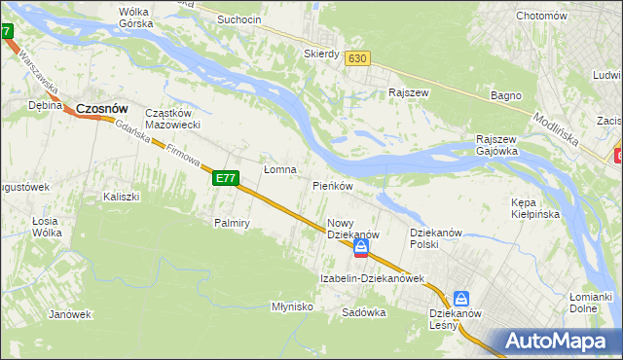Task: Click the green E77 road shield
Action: click(x=226, y=178)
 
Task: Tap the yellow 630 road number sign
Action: click(x=357, y=58)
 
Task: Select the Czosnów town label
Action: click(x=102, y=109)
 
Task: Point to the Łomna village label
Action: click(x=280, y=169)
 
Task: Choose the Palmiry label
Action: click(x=233, y=223)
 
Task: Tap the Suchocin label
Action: click(x=239, y=19)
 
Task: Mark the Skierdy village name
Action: click(x=321, y=54)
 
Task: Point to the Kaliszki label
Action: click(x=122, y=197)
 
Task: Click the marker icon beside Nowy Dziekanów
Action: click(x=361, y=250)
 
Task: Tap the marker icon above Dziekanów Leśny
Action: click(x=461, y=300)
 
